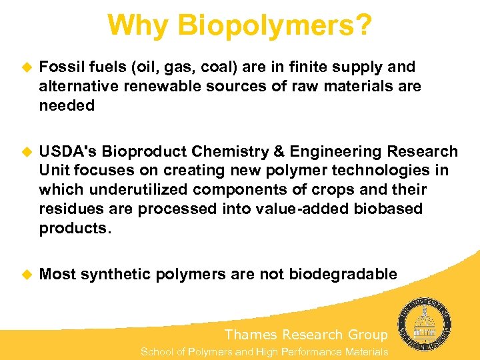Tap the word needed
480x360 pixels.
67,105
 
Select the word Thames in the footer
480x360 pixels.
251,335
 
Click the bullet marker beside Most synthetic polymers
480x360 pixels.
27,274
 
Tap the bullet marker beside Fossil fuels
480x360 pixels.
27,67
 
